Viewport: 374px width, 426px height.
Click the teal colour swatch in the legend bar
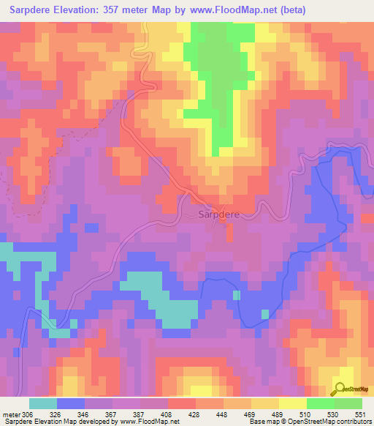(43, 403)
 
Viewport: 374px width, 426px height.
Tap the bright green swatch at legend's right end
(348, 403)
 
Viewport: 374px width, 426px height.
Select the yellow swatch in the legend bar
(293, 403)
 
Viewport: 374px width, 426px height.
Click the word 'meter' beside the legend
(11, 414)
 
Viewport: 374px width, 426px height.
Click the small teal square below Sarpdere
(236, 295)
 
